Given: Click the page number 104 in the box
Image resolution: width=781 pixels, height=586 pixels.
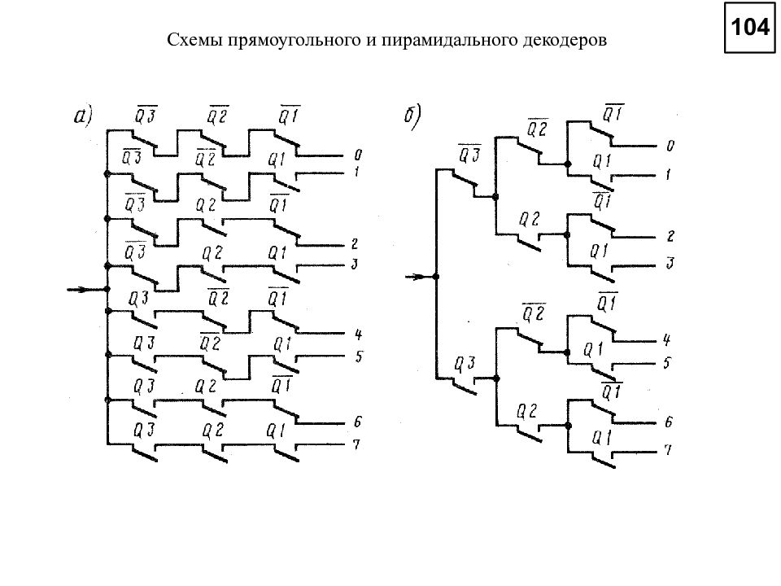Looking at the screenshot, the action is [x=749, y=27].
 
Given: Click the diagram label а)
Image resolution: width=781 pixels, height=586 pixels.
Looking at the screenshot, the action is [x=83, y=116].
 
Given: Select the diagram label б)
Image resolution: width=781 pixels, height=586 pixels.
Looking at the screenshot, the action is [x=412, y=117].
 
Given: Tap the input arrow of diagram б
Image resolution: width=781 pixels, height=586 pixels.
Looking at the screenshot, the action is [x=418, y=277].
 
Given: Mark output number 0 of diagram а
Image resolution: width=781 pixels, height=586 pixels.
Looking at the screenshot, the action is [x=358, y=155].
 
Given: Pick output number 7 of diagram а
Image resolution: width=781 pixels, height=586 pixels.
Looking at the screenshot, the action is [x=356, y=444].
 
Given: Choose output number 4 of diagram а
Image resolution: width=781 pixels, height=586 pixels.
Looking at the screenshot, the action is [x=358, y=335].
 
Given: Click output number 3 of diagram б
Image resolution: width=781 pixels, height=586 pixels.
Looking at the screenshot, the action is [x=670, y=263].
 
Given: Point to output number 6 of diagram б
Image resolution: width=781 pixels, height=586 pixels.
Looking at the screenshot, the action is [x=669, y=422].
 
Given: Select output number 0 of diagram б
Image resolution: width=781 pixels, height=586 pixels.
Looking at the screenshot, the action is [x=670, y=146].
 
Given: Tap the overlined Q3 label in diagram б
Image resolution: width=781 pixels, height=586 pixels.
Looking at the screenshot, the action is [x=469, y=154].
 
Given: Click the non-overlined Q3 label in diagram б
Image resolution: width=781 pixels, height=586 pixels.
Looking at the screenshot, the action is [x=465, y=365].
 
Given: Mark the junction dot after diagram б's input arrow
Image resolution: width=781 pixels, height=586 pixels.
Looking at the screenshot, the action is [x=436, y=277].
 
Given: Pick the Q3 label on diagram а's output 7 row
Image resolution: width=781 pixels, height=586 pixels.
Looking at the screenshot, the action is [x=145, y=431].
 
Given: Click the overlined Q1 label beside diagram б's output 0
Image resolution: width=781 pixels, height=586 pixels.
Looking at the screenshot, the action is [x=613, y=114].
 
